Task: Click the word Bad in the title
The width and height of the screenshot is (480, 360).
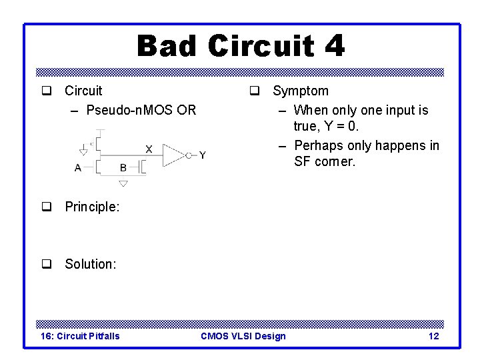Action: [167, 47]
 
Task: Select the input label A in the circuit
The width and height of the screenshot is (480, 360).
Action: [78, 168]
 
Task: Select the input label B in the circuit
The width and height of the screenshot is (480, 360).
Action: [123, 168]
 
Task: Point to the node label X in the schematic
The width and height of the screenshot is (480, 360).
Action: [148, 149]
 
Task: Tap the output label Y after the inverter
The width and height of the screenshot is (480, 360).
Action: [202, 155]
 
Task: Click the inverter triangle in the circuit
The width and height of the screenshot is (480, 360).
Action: [173, 155]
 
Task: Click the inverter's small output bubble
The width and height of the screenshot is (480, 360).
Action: [189, 155]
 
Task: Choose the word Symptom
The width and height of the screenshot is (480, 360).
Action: [300, 91]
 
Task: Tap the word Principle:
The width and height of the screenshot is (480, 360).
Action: [92, 207]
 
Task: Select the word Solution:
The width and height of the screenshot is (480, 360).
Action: [90, 264]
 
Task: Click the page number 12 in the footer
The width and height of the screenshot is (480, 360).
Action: [433, 336]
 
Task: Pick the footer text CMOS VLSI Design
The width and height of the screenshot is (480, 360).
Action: [243, 336]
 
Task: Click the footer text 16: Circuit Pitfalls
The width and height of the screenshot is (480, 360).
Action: [80, 336]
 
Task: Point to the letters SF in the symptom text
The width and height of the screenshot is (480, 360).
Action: [302, 162]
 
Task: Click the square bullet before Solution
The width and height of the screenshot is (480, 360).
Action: [47, 264]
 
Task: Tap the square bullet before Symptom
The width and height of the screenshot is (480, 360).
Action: [255, 91]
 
